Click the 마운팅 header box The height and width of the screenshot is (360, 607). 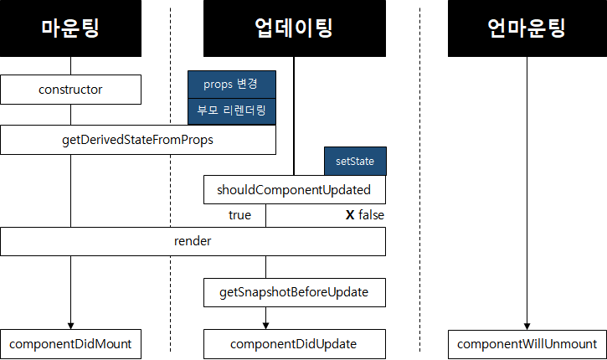70,28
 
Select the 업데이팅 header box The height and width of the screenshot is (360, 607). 294,28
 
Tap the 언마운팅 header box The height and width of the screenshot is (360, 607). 527,28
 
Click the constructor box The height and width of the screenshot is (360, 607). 70,89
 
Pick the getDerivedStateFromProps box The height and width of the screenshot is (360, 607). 138,140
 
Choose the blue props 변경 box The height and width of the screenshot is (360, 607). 232,85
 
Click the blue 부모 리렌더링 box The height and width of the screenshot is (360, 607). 232,110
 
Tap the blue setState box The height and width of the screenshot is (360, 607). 355,161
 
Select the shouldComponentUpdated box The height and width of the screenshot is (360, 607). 294,189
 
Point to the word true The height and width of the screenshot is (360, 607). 239,215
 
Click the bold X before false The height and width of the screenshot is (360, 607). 350,215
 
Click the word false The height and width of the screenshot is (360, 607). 371,215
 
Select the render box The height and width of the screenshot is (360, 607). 193,241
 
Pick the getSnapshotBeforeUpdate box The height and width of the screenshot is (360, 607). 294,293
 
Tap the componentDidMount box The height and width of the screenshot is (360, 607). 70,343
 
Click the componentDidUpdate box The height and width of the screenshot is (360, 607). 294,343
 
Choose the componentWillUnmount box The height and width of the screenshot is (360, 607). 527,343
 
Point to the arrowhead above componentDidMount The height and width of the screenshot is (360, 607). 70,324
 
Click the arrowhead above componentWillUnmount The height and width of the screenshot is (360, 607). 527,324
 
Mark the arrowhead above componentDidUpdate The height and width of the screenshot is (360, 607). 266,324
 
